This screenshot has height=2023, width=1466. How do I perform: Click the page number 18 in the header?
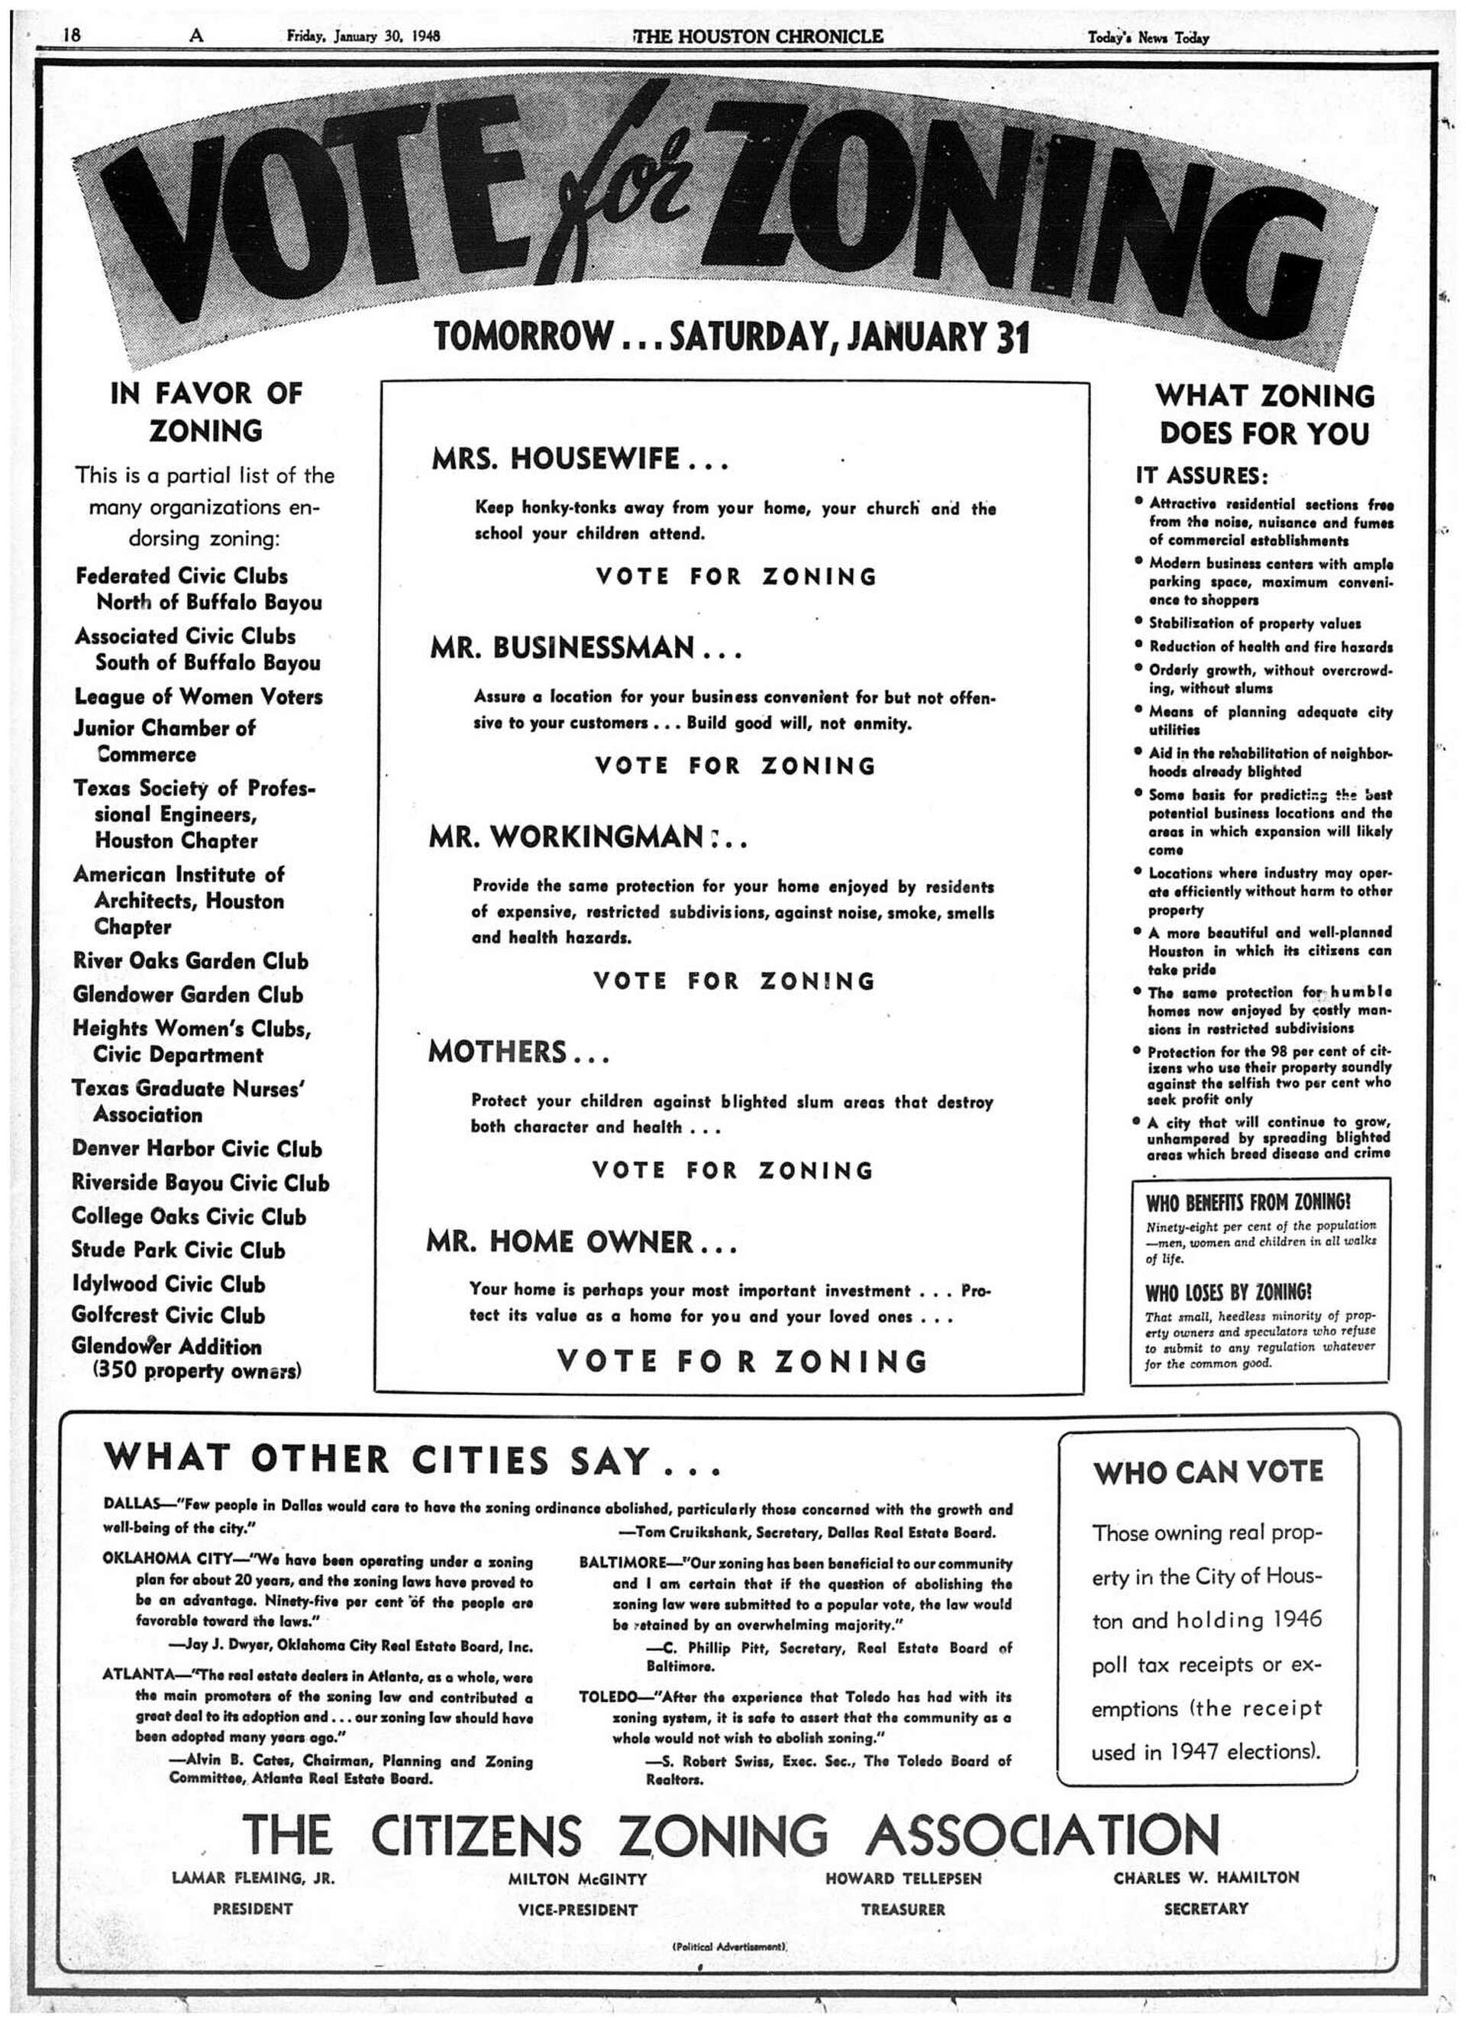pyautogui.click(x=73, y=35)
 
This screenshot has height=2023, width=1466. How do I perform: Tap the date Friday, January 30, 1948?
pyautogui.click(x=363, y=37)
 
